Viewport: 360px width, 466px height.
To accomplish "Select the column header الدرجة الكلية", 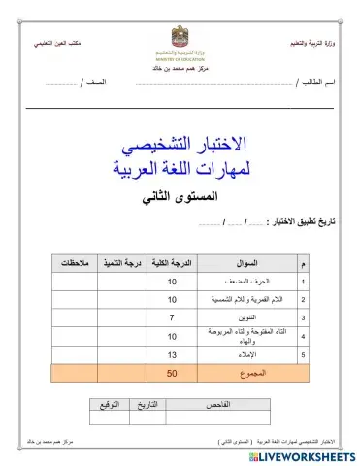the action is click(x=174, y=263).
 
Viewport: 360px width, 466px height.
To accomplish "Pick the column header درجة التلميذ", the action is click(x=124, y=263).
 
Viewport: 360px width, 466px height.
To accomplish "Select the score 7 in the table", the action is click(x=172, y=317).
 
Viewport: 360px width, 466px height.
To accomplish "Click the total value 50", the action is click(x=172, y=373).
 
